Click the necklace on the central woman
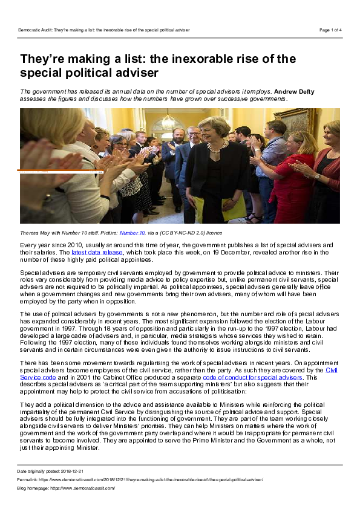pos(215,148)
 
